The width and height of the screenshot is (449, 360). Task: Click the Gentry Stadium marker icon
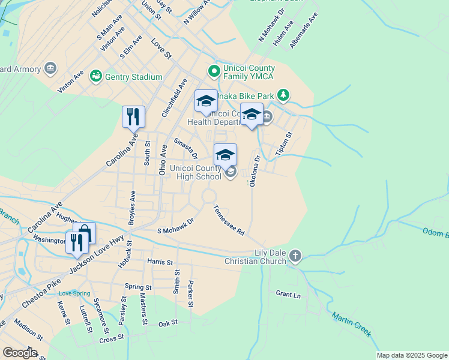click(x=95, y=76)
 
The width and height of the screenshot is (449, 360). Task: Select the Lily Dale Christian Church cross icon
click(x=294, y=257)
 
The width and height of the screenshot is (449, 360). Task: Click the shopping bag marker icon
click(x=85, y=232)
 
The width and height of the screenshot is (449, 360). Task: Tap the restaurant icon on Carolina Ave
click(x=133, y=116)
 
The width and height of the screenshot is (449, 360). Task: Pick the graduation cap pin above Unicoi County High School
click(x=226, y=155)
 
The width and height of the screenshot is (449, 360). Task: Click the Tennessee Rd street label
click(x=229, y=220)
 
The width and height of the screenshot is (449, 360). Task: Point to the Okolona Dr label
click(x=255, y=171)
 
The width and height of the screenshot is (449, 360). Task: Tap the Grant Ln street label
click(x=288, y=295)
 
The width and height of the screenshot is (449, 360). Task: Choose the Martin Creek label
click(x=352, y=325)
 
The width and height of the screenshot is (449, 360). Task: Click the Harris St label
click(x=160, y=262)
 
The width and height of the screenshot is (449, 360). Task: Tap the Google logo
click(x=20, y=353)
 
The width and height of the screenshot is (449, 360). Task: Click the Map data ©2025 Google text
click(x=411, y=355)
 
